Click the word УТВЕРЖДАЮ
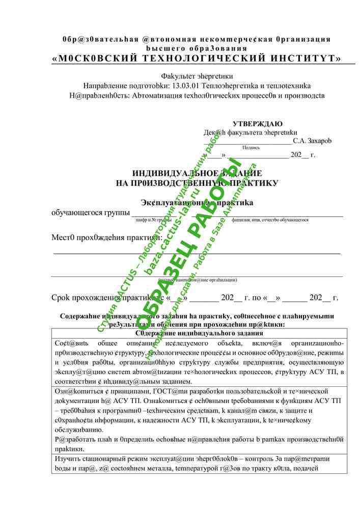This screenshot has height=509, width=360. tap(258, 124)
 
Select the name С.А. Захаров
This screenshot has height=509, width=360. tap(312, 140)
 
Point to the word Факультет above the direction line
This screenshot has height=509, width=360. tap(180, 76)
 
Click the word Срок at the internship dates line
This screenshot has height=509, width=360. tap(63, 298)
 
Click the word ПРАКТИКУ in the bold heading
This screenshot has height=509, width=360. tap(254, 182)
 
